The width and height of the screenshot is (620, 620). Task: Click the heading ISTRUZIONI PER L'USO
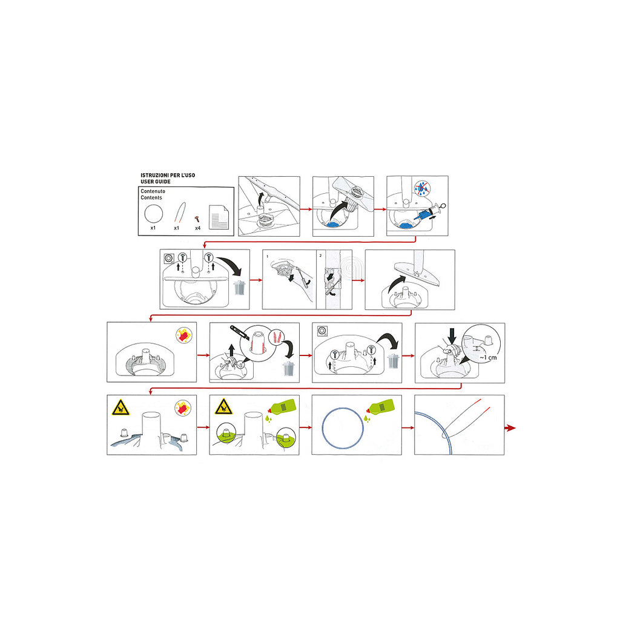tap(168, 175)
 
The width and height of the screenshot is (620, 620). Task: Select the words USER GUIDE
tap(156, 182)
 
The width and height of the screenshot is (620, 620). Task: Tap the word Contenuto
tap(153, 191)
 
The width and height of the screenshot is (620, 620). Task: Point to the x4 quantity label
tap(198, 228)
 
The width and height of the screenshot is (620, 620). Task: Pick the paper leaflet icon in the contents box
tap(219, 217)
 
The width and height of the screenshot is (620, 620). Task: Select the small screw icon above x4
tap(197, 219)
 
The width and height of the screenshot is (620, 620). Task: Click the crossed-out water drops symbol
tap(423, 188)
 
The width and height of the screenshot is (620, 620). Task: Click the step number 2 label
tap(320, 256)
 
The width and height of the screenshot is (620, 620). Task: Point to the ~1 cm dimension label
tap(488, 358)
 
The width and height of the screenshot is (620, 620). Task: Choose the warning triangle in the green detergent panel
tap(223, 407)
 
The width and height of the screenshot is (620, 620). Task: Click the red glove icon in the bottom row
tap(183, 407)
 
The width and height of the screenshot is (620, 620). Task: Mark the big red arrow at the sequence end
tap(510, 428)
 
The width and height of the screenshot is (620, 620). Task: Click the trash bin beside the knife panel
tap(289, 369)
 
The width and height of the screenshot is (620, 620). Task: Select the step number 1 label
tap(267, 257)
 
